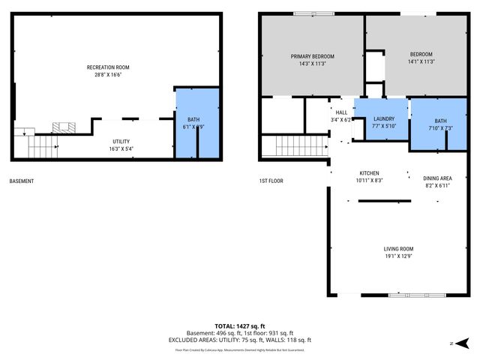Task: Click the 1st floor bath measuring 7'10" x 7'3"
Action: (440, 124)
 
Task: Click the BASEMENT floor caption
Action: (22, 181)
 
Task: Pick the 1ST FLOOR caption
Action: (271, 181)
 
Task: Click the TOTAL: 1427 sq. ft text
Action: (239, 326)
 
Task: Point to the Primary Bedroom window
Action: (304, 13)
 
